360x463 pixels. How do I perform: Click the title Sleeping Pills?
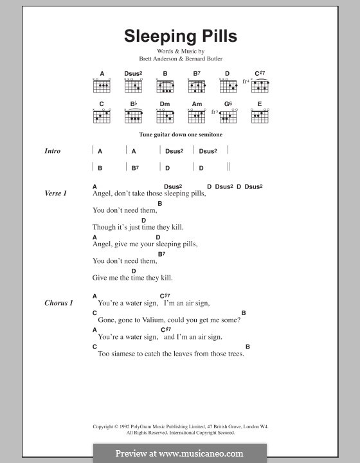(179, 36)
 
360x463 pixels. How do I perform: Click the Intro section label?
(53, 151)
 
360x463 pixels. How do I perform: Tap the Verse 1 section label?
(56, 194)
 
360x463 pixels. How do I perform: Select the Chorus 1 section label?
(59, 302)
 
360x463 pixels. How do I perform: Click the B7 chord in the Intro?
(134, 168)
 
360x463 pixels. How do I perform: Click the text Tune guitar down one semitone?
(179, 136)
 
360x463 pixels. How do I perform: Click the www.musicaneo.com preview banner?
(179, 453)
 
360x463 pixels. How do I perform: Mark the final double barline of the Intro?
(228, 167)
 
